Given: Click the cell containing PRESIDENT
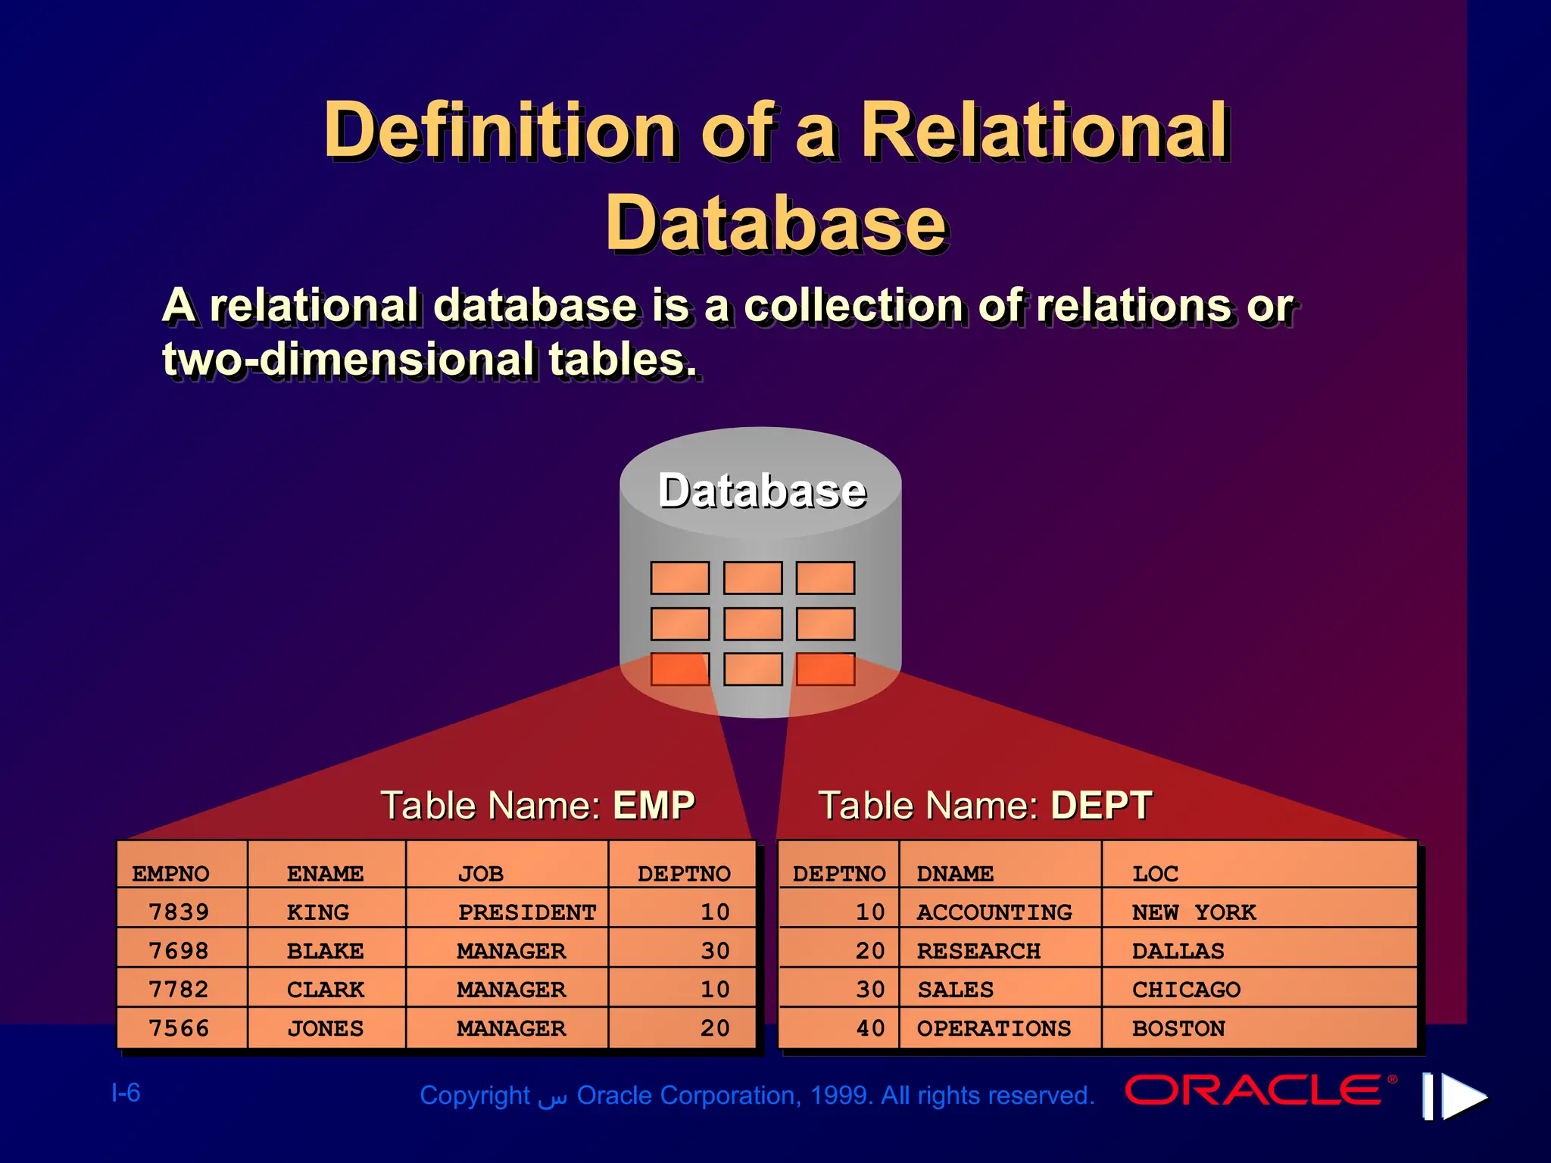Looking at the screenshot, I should click(526, 912).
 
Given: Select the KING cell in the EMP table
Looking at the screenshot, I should click(318, 912).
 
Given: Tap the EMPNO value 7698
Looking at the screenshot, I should click(179, 951).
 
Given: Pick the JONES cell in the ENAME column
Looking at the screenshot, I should click(325, 1028).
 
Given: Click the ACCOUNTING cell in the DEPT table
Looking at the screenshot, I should click(994, 912).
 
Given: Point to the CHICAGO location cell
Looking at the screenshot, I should click(1186, 990).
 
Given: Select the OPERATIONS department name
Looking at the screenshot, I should click(994, 1028).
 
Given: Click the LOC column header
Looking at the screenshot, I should click(1155, 874).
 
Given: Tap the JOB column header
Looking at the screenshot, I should click(480, 874).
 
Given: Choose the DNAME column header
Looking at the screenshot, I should click(954, 874).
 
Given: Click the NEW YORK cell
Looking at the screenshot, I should click(1194, 912).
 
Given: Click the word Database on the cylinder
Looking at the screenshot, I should click(761, 491).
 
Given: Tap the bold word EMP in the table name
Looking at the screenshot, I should click(654, 805).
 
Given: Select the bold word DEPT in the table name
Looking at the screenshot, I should click(1101, 805).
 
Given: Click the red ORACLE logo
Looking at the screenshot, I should click(1253, 1090).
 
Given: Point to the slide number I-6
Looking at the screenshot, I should click(126, 1093).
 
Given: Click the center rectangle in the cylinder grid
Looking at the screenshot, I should click(753, 624).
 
